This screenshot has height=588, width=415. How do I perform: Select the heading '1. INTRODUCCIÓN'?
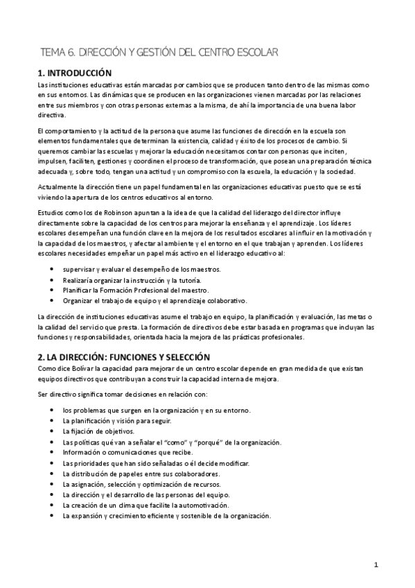pyautogui.click(x=74, y=72)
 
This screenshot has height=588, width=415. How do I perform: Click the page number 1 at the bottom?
pyautogui.click(x=376, y=565)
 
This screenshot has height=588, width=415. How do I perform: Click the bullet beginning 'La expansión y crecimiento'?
pyautogui.click(x=166, y=515)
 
